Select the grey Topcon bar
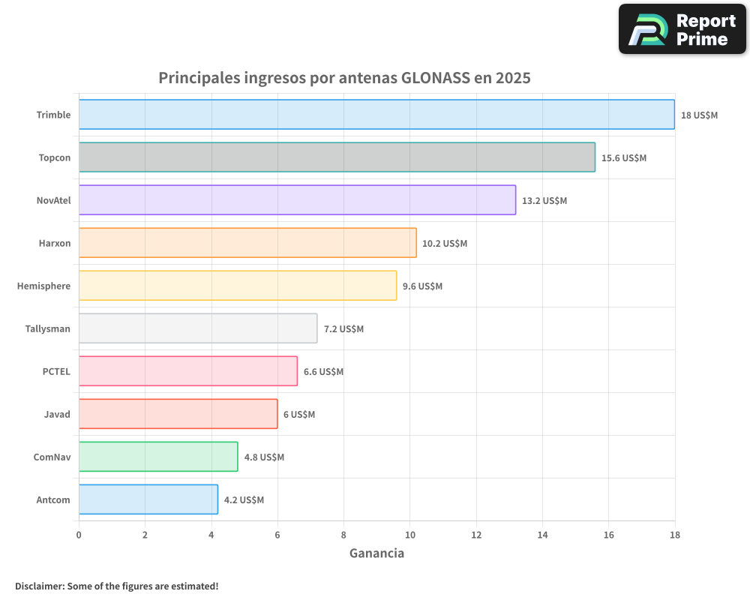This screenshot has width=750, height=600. click(x=337, y=157)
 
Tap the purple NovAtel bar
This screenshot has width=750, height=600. click(x=297, y=200)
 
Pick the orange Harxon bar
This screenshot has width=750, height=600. click(x=247, y=243)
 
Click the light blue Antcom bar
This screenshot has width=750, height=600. click(x=148, y=499)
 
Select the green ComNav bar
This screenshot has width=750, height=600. click(x=158, y=457)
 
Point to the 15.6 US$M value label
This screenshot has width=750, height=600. click(x=623, y=158)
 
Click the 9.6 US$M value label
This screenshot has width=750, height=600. click(x=422, y=286)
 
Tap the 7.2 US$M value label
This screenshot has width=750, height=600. click(x=343, y=329)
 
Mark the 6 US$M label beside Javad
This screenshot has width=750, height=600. click(x=298, y=415)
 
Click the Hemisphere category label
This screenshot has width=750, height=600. click(x=43, y=286)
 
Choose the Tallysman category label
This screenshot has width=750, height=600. click(x=47, y=328)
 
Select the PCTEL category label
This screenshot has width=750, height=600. click(x=56, y=371)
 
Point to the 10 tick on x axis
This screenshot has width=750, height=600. click(x=409, y=535)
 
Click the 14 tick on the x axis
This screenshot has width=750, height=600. click(x=542, y=535)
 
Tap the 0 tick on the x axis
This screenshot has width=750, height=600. click(x=79, y=535)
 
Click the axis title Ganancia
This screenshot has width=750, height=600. click(x=376, y=553)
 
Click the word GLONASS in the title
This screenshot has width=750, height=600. click(x=436, y=78)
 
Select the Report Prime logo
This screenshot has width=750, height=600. click(x=682, y=29)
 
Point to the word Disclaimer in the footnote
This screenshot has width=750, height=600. click(x=39, y=586)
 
